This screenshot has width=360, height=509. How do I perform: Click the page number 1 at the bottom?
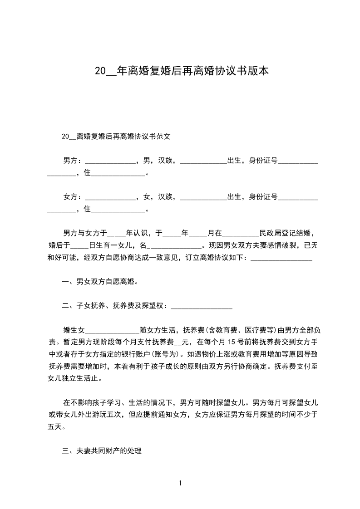180,483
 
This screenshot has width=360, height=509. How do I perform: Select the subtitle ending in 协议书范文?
116,136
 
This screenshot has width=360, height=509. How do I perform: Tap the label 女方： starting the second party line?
73,196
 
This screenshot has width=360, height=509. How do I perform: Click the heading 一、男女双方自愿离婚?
100,282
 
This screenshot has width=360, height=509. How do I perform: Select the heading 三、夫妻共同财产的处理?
102,451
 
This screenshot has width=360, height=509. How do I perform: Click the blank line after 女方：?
110,198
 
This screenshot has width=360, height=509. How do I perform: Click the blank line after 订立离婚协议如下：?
281,259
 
